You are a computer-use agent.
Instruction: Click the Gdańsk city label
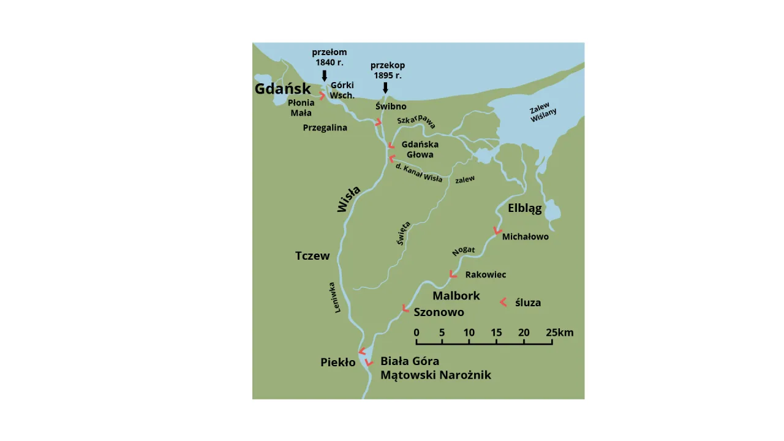282,89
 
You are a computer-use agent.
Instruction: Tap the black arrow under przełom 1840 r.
325,75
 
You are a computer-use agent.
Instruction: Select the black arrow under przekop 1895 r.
385,88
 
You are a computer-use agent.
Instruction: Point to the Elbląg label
525,208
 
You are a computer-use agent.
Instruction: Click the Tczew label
312,256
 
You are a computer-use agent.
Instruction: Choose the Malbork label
456,296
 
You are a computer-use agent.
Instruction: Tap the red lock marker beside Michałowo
497,232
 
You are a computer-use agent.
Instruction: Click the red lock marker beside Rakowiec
453,274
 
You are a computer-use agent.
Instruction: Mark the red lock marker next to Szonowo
405,308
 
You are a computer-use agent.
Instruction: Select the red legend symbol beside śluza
503,302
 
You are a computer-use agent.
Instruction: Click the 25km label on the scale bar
560,333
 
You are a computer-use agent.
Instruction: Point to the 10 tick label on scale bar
469,333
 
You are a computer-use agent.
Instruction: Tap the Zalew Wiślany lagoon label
543,113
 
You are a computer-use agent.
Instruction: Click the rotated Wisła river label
349,198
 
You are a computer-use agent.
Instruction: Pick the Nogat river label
464,251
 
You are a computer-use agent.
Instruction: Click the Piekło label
338,362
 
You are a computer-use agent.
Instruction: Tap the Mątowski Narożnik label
435,375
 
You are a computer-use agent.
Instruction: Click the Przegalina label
325,128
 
